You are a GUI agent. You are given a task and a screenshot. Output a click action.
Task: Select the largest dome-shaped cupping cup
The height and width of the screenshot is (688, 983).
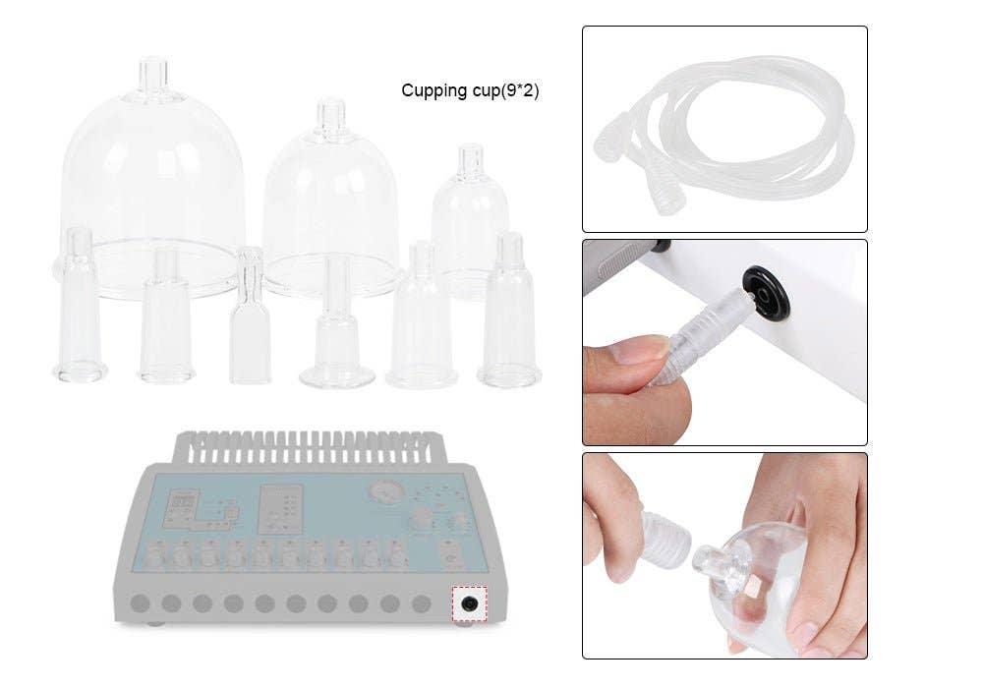pyautogui.click(x=152, y=177)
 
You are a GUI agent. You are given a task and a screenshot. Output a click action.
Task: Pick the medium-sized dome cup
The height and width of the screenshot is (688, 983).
pyautogui.click(x=330, y=197)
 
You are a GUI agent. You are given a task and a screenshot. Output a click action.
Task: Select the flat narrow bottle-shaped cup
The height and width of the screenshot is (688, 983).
pyautogui.click(x=250, y=319)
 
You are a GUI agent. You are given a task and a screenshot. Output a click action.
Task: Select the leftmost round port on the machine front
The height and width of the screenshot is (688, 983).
pyautogui.click(x=140, y=602)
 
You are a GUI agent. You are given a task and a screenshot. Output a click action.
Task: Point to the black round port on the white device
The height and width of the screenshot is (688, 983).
pyautogui.click(x=767, y=293)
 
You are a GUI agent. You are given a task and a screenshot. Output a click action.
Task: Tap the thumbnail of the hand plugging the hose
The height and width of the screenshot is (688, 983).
pyautogui.click(x=724, y=342)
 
